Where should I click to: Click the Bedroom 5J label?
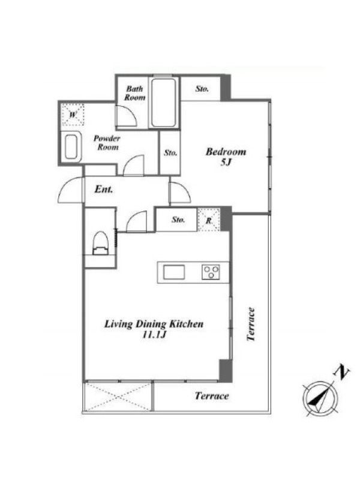pyautogui.click(x=226, y=157)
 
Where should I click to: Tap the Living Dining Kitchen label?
pyautogui.click(x=154, y=328)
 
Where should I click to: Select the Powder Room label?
pyautogui.click(x=107, y=143)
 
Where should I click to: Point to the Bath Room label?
pyautogui.click(x=134, y=93)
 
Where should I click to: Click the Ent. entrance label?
pyautogui.click(x=104, y=189)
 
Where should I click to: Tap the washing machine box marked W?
pyautogui.click(x=73, y=115)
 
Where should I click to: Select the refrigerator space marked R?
pyautogui.click(x=209, y=220)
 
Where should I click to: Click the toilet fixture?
pyautogui.click(x=100, y=244)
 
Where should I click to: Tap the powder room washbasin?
pyautogui.click(x=71, y=147)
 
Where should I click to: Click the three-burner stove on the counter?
pyautogui.click(x=211, y=272)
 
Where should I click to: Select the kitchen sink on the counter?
pyautogui.click(x=174, y=272)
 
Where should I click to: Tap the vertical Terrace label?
pyautogui.click(x=251, y=324)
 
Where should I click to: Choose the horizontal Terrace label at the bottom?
pyautogui.click(x=212, y=396)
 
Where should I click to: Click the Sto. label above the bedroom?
pyautogui.click(x=202, y=89)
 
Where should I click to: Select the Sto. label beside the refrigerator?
pyautogui.click(x=178, y=220)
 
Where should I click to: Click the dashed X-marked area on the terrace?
pyautogui.click(x=118, y=397)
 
